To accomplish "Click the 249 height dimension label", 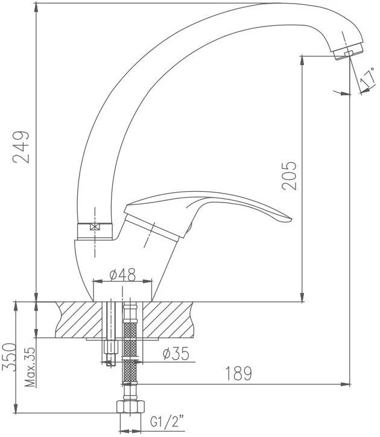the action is (x=21, y=146).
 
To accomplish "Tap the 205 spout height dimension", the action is (x=289, y=176).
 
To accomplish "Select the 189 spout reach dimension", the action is (x=238, y=374).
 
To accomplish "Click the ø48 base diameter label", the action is (x=122, y=274).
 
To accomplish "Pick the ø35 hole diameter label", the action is (x=176, y=353).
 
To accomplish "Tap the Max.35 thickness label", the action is (x=30, y=366).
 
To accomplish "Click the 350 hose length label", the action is (x=9, y=357).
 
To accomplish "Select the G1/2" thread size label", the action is (x=167, y=421).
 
